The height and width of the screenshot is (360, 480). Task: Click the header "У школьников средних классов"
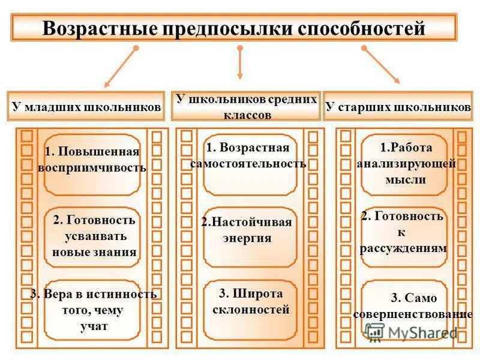pyautogui.click(x=246, y=107)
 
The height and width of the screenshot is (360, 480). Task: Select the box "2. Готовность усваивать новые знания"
pyautogui.click(x=94, y=236)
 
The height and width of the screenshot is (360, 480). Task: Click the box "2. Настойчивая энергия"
pyautogui.click(x=248, y=230)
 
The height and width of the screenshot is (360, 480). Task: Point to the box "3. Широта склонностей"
pyautogui.click(x=250, y=302)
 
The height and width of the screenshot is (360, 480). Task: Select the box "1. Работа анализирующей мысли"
pyautogui.click(x=406, y=163)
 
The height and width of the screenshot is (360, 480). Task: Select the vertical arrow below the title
pyautogui.click(x=240, y=62)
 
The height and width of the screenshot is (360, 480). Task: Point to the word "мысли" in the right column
pyautogui.click(x=406, y=179)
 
